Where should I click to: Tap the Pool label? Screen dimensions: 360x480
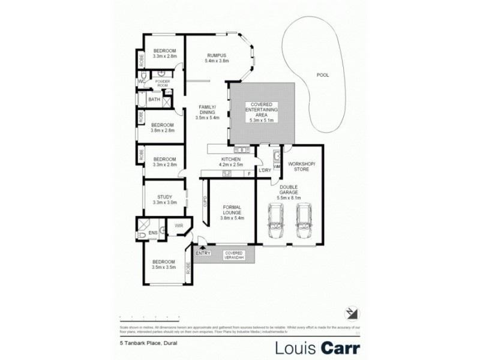pos(323,75)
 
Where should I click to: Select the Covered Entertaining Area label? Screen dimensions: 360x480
pos(261,112)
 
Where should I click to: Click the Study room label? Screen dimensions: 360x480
pos(164,199)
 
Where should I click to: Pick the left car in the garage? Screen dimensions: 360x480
pos(276,220)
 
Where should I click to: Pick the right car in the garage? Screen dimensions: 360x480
pos(304,220)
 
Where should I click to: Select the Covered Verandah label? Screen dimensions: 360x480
pos(233,255)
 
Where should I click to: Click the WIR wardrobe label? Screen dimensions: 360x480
pos(179,226)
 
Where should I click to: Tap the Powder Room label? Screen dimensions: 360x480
pos(163,83)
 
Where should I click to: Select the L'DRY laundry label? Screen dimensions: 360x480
pos(264,170)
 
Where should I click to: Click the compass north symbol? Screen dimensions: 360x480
pos(352,313)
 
